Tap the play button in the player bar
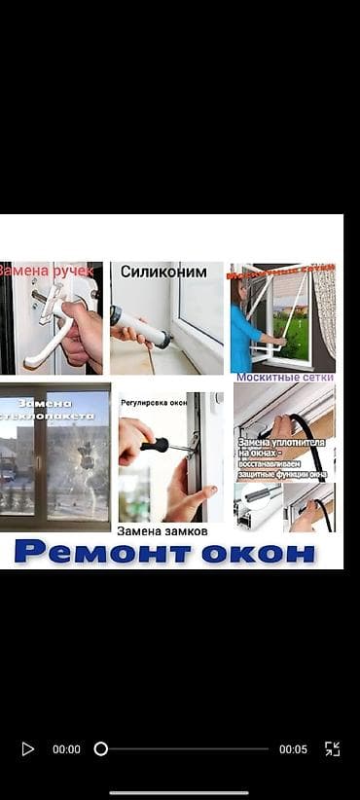pyautogui.click(x=27, y=749)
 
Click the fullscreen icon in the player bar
pyautogui.click(x=332, y=749)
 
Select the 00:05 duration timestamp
pyautogui.click(x=293, y=749)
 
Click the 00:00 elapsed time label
pyautogui.click(x=66, y=749)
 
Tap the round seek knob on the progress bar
pyautogui.click(x=100, y=749)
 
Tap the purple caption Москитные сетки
pyautogui.click(x=285, y=377)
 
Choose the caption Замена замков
pyautogui.click(x=162, y=531)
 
